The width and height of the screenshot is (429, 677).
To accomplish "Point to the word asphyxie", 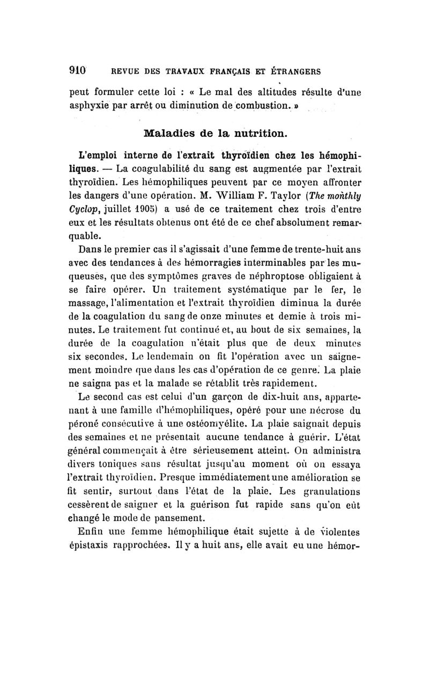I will (x=90, y=106).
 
